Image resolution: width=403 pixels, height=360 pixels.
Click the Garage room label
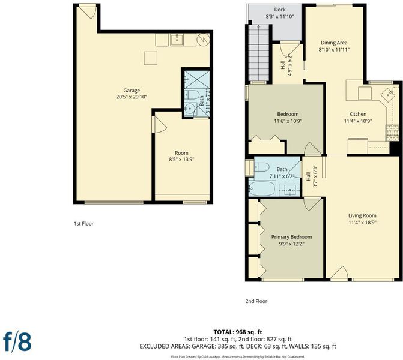coord(132,91)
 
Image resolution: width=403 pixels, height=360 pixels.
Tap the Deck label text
coord(280,10)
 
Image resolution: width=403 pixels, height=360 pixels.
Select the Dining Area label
coord(334,43)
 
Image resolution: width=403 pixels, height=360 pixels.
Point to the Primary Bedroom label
coord(291,237)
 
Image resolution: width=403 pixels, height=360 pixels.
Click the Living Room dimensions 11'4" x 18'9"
coord(362,223)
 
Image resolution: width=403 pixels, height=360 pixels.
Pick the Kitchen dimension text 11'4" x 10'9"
coord(358,121)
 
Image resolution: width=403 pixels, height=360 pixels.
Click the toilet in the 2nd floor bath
coord(262,167)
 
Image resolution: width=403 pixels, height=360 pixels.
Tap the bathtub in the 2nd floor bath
coord(262,188)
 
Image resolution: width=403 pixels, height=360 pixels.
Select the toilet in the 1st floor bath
coord(192,95)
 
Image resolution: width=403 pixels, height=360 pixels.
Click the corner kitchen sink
coord(388,94)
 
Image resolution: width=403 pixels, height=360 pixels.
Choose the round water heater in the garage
coord(203,40)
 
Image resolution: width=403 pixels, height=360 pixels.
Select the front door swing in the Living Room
coord(339,272)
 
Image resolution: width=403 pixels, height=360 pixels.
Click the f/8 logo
coord(17,341)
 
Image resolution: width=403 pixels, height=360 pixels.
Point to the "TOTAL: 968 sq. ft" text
coord(238,332)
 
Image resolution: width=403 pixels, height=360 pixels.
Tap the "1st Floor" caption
coord(84,224)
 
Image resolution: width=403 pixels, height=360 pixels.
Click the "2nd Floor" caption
coord(256,301)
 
